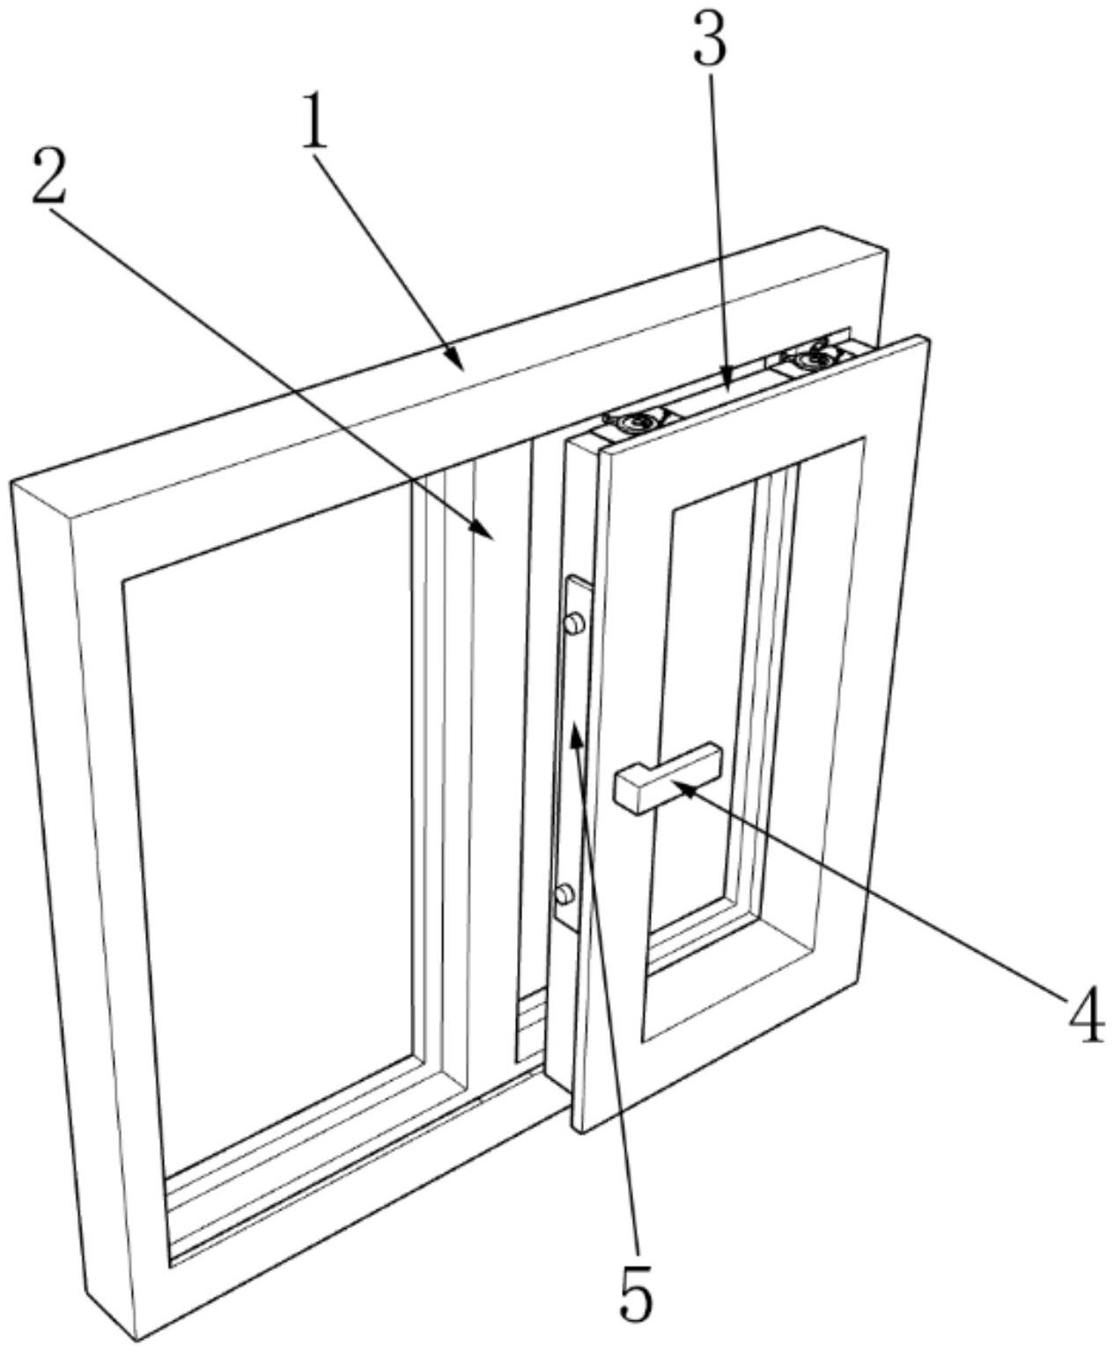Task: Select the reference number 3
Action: tap(710, 41)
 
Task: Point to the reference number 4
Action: tap(1086, 1018)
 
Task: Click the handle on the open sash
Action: tap(667, 775)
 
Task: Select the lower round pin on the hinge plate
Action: tap(564, 895)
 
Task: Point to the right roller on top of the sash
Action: tap(806, 361)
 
